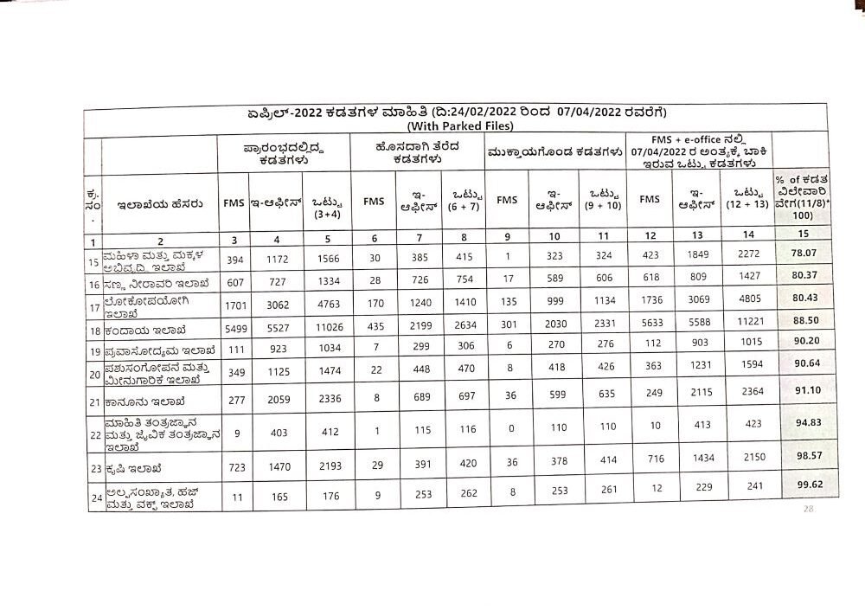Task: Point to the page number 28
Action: tap(810, 510)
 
